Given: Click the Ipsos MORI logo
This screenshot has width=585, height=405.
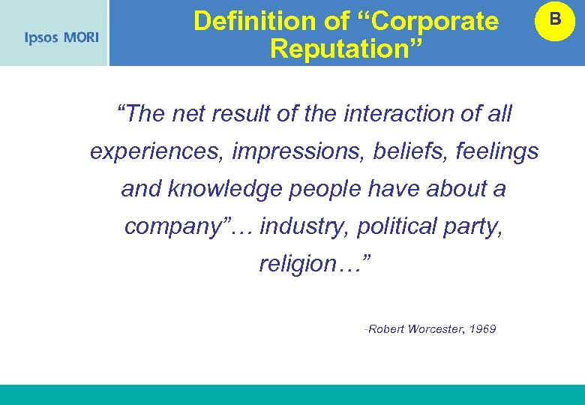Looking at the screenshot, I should (61, 37).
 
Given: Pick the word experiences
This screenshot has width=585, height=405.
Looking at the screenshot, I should (157, 151).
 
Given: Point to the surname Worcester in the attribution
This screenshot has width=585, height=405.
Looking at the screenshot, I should (435, 329).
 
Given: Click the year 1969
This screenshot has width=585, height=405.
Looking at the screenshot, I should (481, 329).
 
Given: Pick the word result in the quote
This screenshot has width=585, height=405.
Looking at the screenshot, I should (238, 114).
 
